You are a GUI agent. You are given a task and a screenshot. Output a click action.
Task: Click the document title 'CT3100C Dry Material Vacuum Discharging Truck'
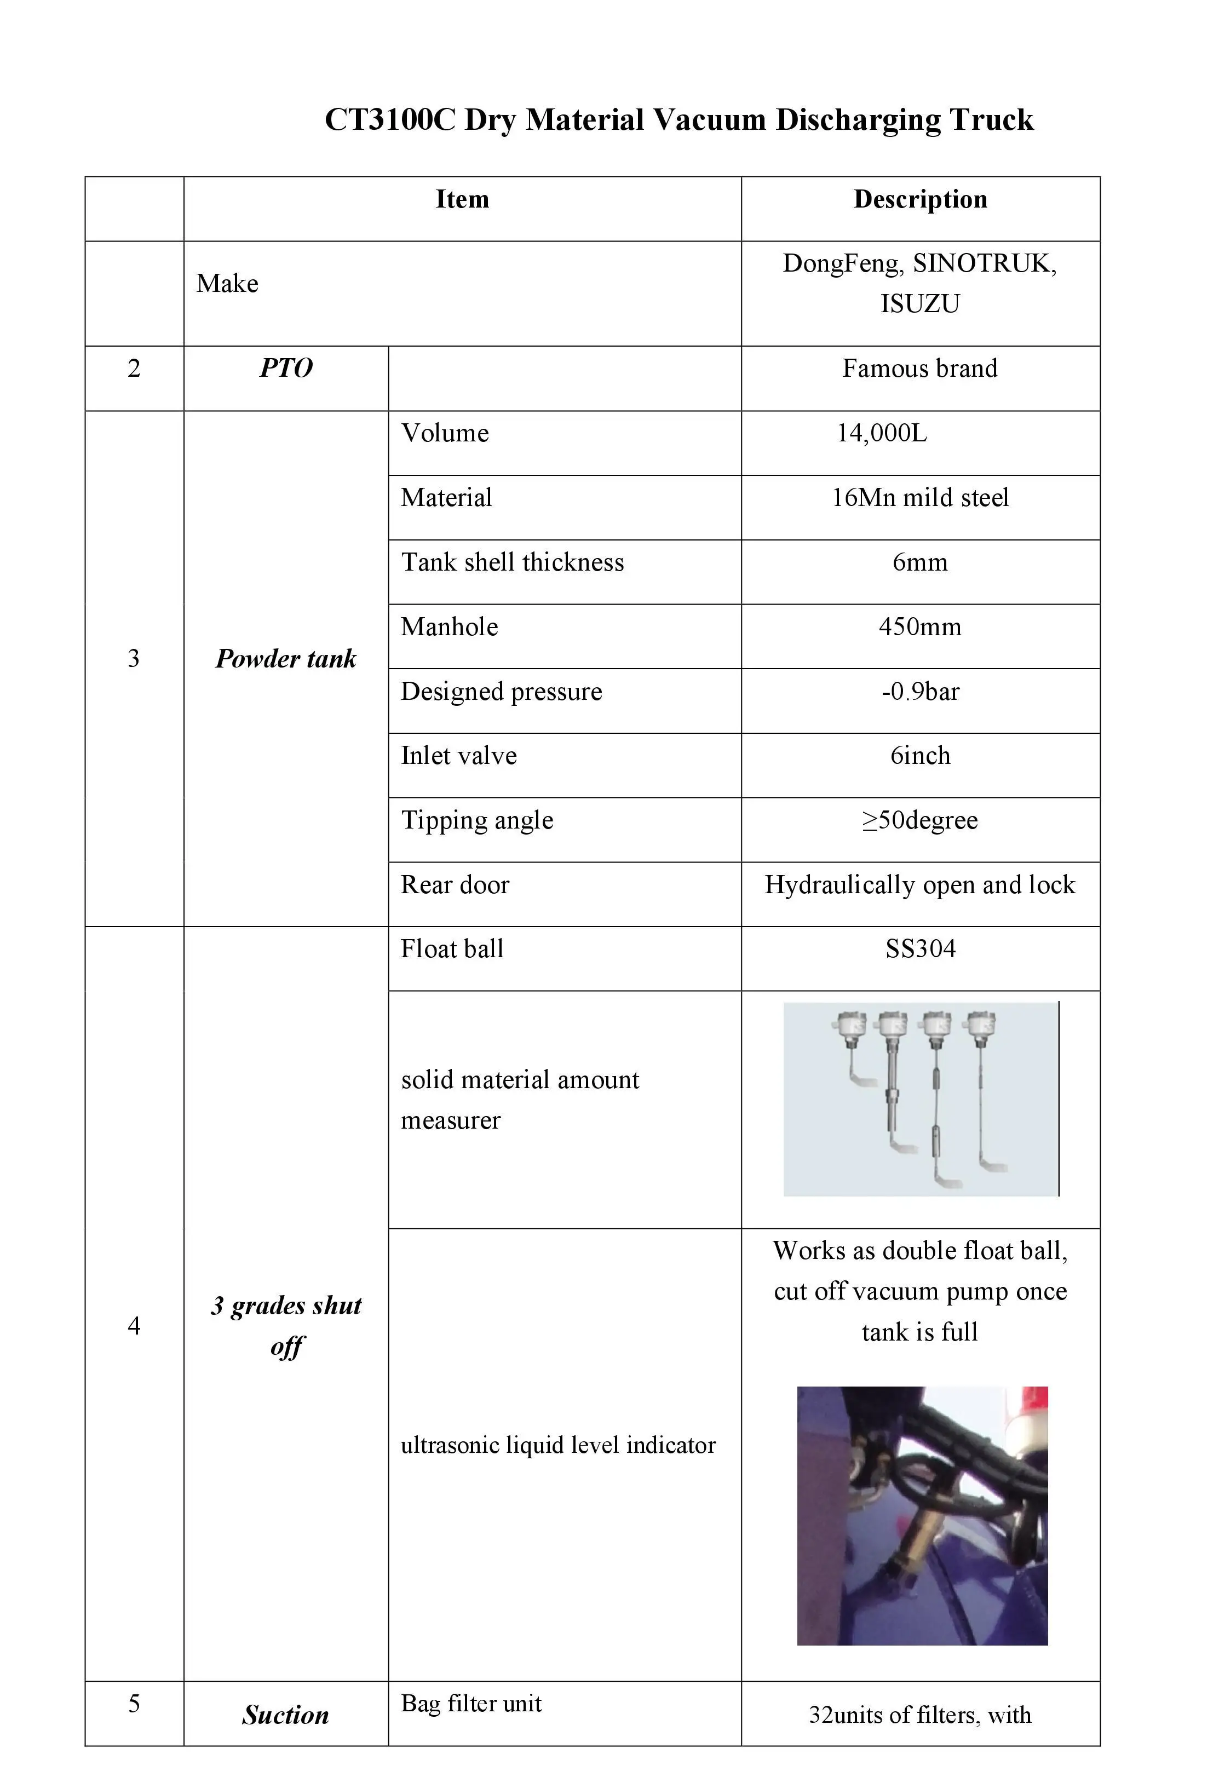pos(679,120)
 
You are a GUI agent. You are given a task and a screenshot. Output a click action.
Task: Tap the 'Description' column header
pos(920,199)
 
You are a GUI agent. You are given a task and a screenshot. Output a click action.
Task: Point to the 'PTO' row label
pos(286,369)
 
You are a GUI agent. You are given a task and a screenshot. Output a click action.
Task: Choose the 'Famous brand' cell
pos(919,369)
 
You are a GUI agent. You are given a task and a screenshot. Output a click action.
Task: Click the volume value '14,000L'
pos(881,434)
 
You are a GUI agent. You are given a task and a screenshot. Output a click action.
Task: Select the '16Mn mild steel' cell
pos(919,498)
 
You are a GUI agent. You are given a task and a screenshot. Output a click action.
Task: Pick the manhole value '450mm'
pos(919,627)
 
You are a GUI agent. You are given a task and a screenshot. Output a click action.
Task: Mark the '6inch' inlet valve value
pos(919,756)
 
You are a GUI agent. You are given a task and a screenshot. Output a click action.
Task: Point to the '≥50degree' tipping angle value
pos(919,820)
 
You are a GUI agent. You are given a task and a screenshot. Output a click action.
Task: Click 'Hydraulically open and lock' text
pos(919,885)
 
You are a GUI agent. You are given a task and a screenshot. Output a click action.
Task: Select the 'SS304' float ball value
pos(920,950)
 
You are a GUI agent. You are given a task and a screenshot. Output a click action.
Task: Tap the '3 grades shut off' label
pos(286,1325)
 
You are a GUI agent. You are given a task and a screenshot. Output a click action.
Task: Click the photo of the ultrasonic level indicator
pos(922,1515)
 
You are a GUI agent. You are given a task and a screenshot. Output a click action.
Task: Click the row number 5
pos(134,1704)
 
